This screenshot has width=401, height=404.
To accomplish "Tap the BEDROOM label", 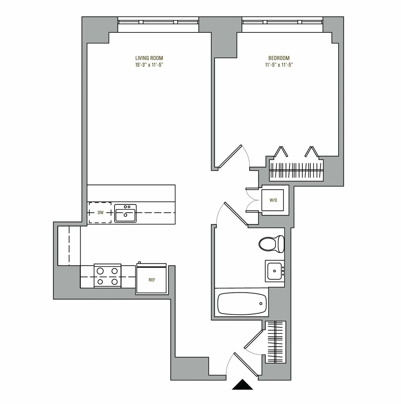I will pyautogui.click(x=279, y=58).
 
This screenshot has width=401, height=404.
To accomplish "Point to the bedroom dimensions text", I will pyautogui.click(x=279, y=65).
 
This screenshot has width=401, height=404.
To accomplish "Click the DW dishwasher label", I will pyautogui.click(x=100, y=213).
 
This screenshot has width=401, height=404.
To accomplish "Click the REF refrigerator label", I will pyautogui.click(x=152, y=280).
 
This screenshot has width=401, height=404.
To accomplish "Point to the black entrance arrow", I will pyautogui.click(x=243, y=385).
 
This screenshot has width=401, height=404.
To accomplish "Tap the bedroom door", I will pyautogui.click(x=230, y=156).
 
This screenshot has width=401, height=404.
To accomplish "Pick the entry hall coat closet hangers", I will pyautogui.click(x=276, y=342).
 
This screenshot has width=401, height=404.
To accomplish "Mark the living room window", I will pyautogui.click(x=159, y=22).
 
